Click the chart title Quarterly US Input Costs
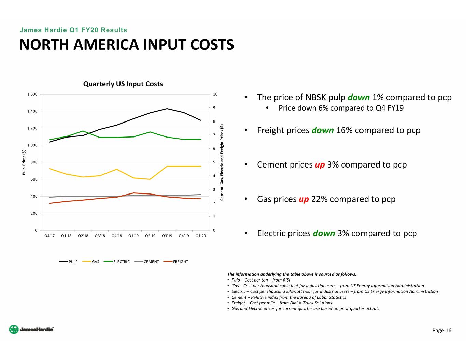point(123,84)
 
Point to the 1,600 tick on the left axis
point(32,94)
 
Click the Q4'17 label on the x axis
point(50,236)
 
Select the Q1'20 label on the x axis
point(201,236)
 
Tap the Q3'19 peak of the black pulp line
point(167,109)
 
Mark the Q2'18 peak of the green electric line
point(83,131)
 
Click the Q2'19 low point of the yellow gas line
point(150,179)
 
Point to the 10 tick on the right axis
point(215,94)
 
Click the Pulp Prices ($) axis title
point(24,162)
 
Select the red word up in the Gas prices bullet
point(303,199)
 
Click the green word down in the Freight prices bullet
point(323,130)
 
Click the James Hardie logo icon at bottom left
point(14,329)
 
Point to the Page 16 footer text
point(441,330)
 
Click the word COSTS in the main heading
point(212,45)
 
